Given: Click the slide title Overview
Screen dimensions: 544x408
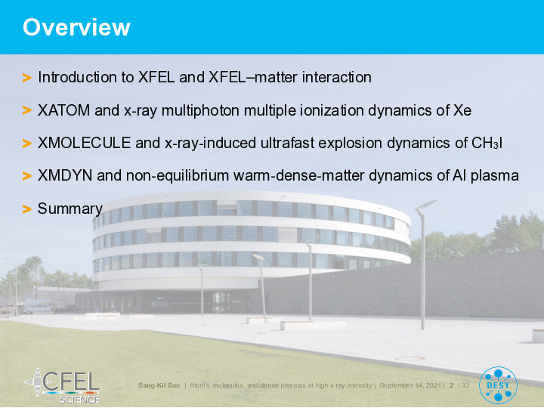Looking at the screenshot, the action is click(x=76, y=27).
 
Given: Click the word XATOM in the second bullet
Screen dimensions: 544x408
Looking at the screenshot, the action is click(x=63, y=110).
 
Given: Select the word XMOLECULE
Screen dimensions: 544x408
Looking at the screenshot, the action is click(x=85, y=143).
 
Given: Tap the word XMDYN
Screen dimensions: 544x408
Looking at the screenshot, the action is click(x=65, y=175).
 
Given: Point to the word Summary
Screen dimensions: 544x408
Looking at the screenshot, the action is click(x=70, y=209).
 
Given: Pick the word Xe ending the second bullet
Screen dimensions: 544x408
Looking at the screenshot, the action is click(x=462, y=110).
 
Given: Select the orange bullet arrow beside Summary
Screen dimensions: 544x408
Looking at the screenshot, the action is click(x=26, y=209).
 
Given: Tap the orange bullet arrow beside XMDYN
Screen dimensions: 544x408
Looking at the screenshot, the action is click(x=26, y=176).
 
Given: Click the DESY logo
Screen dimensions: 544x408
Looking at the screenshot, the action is click(x=498, y=385).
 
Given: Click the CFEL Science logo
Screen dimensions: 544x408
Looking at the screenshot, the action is click(x=63, y=386).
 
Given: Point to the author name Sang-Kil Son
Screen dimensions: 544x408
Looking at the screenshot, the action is click(x=159, y=385).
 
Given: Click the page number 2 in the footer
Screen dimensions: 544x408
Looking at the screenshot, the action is click(x=451, y=385).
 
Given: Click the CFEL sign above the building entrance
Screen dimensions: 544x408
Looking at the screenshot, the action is click(x=160, y=304).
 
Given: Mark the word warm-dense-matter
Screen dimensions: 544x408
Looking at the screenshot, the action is click(x=298, y=175).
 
